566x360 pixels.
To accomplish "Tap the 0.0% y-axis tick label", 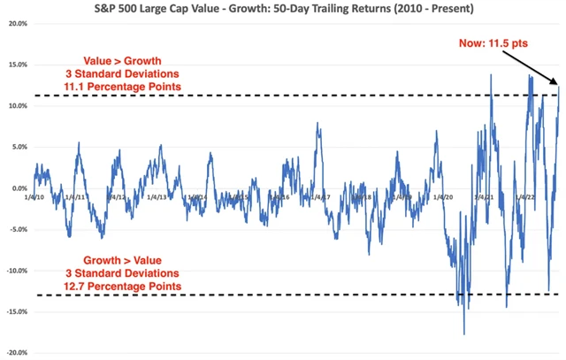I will pos(17,188).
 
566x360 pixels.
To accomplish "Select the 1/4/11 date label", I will pos(76,197).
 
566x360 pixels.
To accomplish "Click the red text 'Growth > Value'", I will pos(130,259).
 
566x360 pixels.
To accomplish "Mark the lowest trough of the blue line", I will pos(463,334).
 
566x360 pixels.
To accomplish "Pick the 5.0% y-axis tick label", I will pos(17,147).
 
